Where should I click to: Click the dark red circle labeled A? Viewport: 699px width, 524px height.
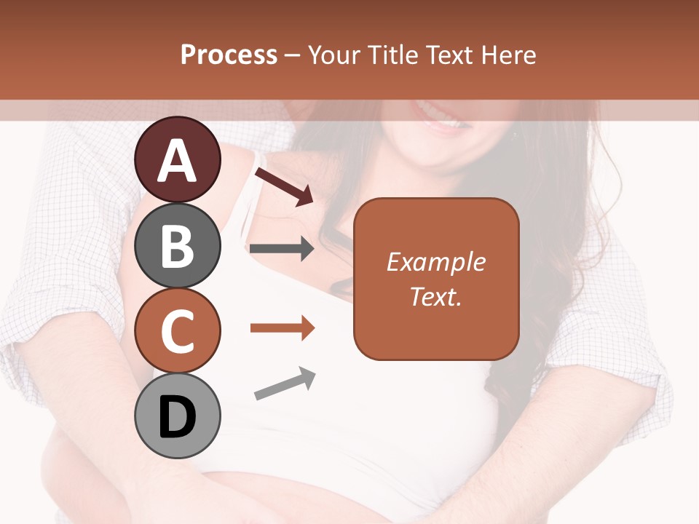pos(177,159)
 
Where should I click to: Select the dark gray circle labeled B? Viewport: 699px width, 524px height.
pos(177,245)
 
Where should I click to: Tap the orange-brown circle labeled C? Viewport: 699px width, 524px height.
pos(177,330)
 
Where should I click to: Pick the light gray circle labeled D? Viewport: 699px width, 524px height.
pos(177,416)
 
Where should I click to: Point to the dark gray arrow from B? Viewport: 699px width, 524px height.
pos(282,249)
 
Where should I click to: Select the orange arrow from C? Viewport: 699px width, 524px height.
pos(282,328)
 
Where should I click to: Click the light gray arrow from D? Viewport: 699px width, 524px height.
pos(285,384)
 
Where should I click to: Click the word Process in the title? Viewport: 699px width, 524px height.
pos(229,55)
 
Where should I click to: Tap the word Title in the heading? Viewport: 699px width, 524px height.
pos(395,55)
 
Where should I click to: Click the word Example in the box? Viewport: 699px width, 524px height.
pos(436,262)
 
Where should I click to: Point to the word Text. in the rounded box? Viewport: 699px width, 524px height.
pos(436,296)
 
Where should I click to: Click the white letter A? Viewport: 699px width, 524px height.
pos(177,161)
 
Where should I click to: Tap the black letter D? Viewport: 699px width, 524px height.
pos(177,417)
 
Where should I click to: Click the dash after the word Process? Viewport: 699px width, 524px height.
pos(293,56)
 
